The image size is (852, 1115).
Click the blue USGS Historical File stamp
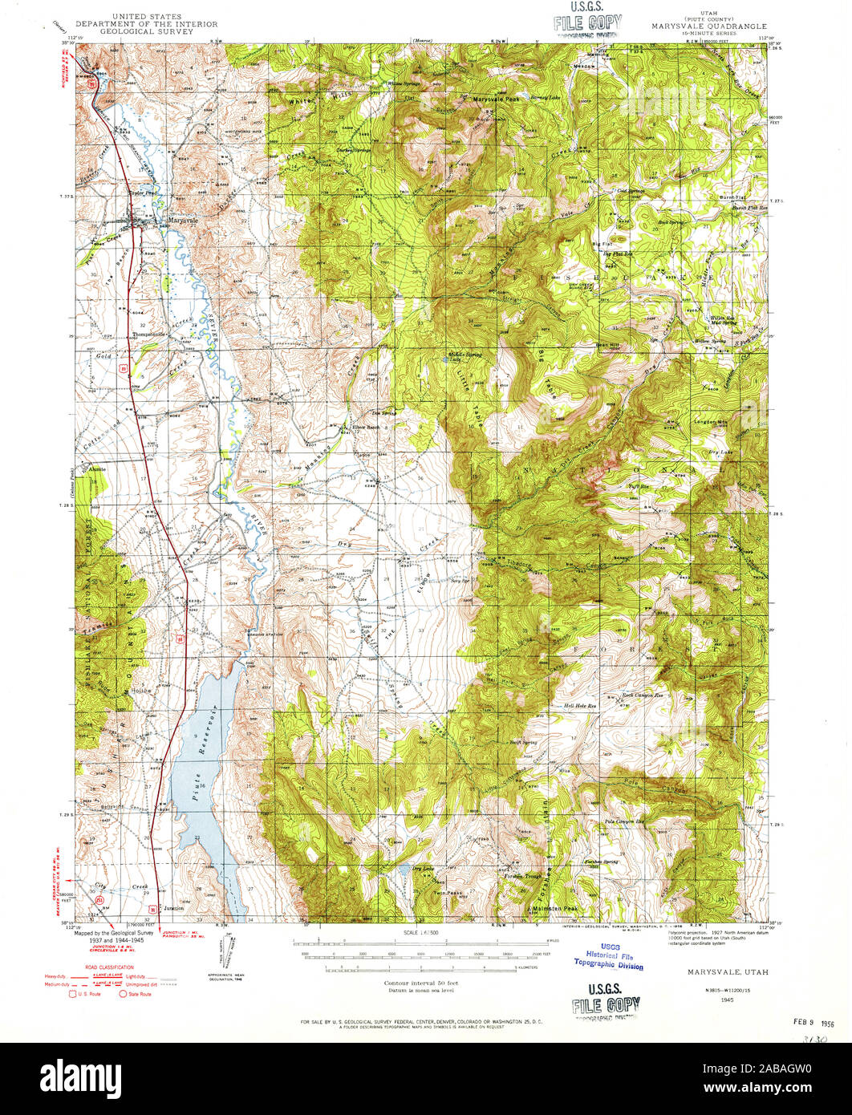609,960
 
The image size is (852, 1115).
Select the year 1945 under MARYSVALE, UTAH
727,999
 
